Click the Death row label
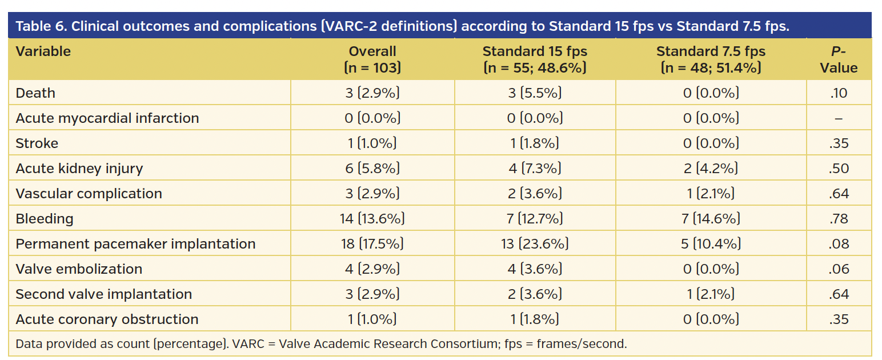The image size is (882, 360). point(35,93)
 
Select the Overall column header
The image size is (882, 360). point(372,59)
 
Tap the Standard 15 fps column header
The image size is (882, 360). point(535,59)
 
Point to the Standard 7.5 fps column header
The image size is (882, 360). point(711,59)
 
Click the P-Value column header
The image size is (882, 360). point(839,59)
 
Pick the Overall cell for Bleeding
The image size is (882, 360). point(372,218)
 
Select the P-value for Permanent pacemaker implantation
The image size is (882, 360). point(839,244)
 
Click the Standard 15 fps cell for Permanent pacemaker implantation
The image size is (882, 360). point(535,244)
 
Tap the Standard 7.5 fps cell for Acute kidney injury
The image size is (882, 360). point(711,169)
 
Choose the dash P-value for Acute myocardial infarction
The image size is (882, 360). point(839,118)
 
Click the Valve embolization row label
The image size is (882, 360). point(79,269)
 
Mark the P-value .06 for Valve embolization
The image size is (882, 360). point(839,269)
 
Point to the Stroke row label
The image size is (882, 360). point(37,143)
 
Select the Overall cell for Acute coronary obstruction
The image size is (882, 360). point(372,319)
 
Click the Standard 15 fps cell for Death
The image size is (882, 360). point(535,93)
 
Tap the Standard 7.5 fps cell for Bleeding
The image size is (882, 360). point(711,218)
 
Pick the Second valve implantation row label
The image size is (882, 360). point(103,294)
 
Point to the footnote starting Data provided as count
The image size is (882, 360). point(321,344)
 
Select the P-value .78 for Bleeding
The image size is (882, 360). point(839,218)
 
